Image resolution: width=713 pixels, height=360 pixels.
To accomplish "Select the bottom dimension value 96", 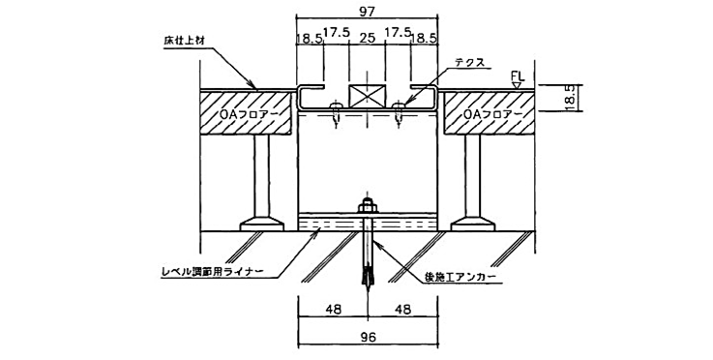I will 368,339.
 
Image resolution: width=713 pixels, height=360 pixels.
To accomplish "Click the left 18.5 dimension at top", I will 311,40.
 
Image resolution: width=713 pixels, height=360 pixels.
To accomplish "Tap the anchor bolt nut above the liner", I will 368,206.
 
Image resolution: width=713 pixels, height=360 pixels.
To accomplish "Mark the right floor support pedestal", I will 473,179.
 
